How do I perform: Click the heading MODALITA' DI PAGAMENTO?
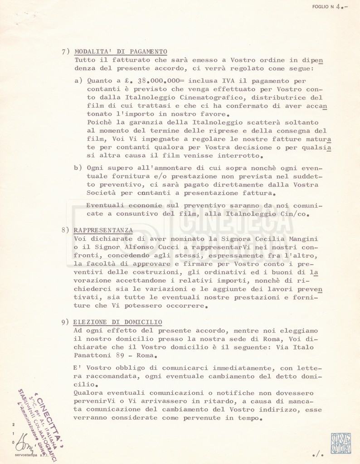pos(121,51)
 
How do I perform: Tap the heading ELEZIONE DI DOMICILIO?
pos(117,322)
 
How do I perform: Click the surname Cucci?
pos(162,247)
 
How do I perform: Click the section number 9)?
pos(66,323)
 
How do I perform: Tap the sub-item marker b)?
pos(78,168)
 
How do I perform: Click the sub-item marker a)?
pos(78,80)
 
